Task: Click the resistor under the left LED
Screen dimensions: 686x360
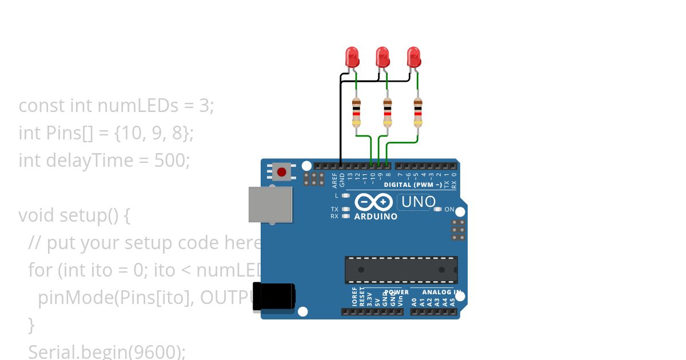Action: click(356, 112)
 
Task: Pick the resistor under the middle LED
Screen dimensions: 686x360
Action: click(387, 112)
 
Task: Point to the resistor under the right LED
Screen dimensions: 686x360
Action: click(418, 112)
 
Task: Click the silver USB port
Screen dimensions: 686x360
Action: click(270, 204)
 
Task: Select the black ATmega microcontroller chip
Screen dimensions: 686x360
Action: click(401, 270)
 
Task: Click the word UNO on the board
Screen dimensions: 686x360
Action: click(418, 202)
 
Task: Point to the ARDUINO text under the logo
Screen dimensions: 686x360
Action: click(376, 217)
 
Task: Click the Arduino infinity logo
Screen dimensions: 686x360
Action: click(373, 202)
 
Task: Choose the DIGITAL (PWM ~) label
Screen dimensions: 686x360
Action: click(412, 185)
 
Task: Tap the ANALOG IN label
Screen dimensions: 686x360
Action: click(441, 292)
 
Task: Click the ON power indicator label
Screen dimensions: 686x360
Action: click(449, 209)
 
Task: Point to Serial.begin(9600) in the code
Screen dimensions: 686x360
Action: click(106, 351)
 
